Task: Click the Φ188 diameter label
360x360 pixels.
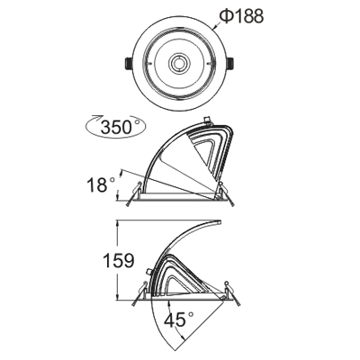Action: coord(241,15)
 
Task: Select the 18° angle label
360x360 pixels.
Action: coord(101,184)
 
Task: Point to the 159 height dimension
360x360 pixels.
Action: coord(118,260)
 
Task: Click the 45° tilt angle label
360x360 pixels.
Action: coord(179,319)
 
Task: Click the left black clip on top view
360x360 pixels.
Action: coord(128,64)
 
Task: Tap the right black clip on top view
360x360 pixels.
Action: coord(230,64)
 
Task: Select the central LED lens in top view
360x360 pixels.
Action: coord(179,64)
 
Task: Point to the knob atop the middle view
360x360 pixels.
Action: coord(207,121)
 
